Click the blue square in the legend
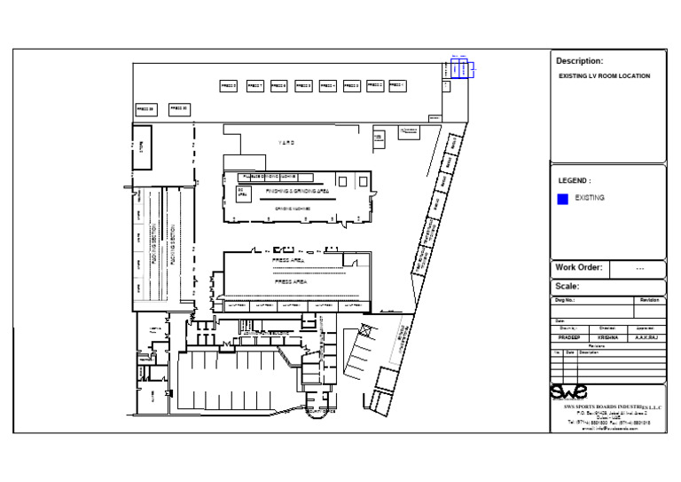(562, 200)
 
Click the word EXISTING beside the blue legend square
(590, 198)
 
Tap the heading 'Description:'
(579, 61)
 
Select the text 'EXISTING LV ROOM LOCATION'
(604, 76)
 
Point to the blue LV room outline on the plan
(460, 68)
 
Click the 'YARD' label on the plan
(286, 143)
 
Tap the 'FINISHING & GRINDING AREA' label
(298, 191)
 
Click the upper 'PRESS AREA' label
(288, 261)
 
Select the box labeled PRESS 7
(254, 86)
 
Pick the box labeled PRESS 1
(397, 85)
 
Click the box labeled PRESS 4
(327, 86)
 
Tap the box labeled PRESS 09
(145, 109)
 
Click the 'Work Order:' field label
(579, 267)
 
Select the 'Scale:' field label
(567, 287)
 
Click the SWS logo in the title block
(568, 391)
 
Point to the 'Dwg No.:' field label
(565, 301)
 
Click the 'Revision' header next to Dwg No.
(649, 301)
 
